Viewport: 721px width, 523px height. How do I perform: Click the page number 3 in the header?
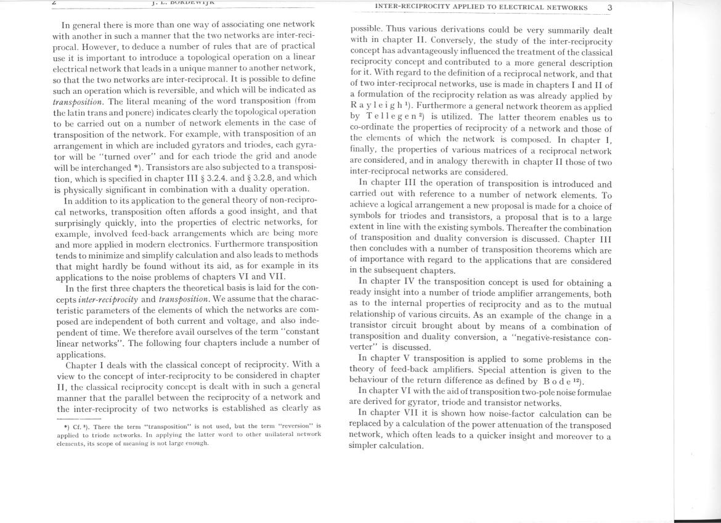(x=609, y=8)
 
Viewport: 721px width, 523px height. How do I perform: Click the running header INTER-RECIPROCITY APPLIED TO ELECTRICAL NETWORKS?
(x=481, y=8)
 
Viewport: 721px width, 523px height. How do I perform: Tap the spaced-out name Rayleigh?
(x=373, y=107)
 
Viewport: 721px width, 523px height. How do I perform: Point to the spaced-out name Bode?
(x=557, y=382)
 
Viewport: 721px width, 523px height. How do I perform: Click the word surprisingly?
(x=81, y=221)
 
